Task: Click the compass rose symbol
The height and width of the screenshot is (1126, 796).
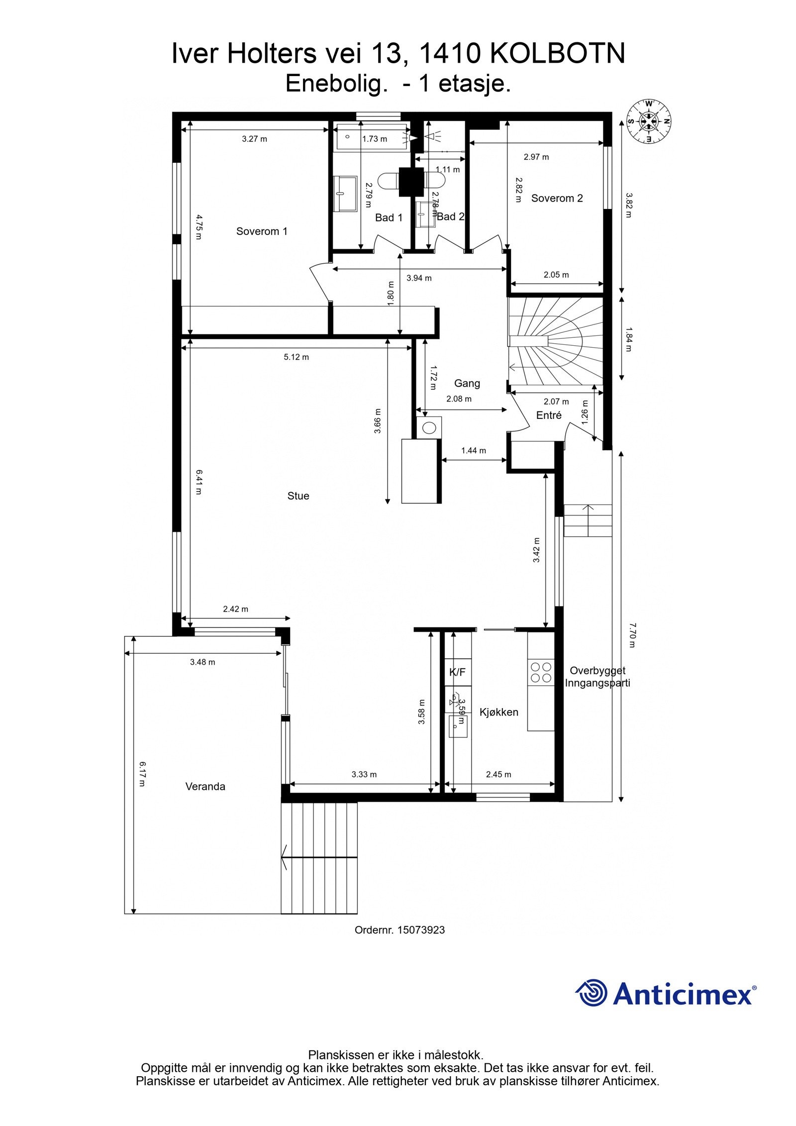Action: [648, 121]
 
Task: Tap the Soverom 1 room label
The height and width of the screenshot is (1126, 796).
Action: [262, 231]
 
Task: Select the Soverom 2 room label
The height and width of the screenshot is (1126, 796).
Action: [557, 198]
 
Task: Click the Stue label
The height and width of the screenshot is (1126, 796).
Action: [298, 496]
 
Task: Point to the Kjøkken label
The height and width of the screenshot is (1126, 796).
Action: [498, 712]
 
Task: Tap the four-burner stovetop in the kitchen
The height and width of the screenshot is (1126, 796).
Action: [541, 672]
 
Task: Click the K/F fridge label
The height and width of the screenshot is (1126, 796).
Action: [457, 672]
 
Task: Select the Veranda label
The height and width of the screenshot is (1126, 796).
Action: [205, 787]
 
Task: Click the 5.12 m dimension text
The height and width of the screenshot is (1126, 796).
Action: [296, 357]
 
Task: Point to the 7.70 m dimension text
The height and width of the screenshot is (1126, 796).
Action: [632, 634]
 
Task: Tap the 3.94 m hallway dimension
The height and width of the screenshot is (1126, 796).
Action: [419, 278]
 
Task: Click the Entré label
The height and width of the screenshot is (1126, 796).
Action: [549, 415]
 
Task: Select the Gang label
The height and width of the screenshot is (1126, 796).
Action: [467, 383]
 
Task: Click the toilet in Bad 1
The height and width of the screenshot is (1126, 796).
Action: [387, 180]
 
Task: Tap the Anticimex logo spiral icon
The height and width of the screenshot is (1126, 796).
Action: [592, 993]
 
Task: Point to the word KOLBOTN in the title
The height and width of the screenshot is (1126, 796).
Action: [557, 54]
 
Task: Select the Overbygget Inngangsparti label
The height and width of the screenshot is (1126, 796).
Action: [597, 677]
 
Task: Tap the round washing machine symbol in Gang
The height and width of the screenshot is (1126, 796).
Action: [429, 427]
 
